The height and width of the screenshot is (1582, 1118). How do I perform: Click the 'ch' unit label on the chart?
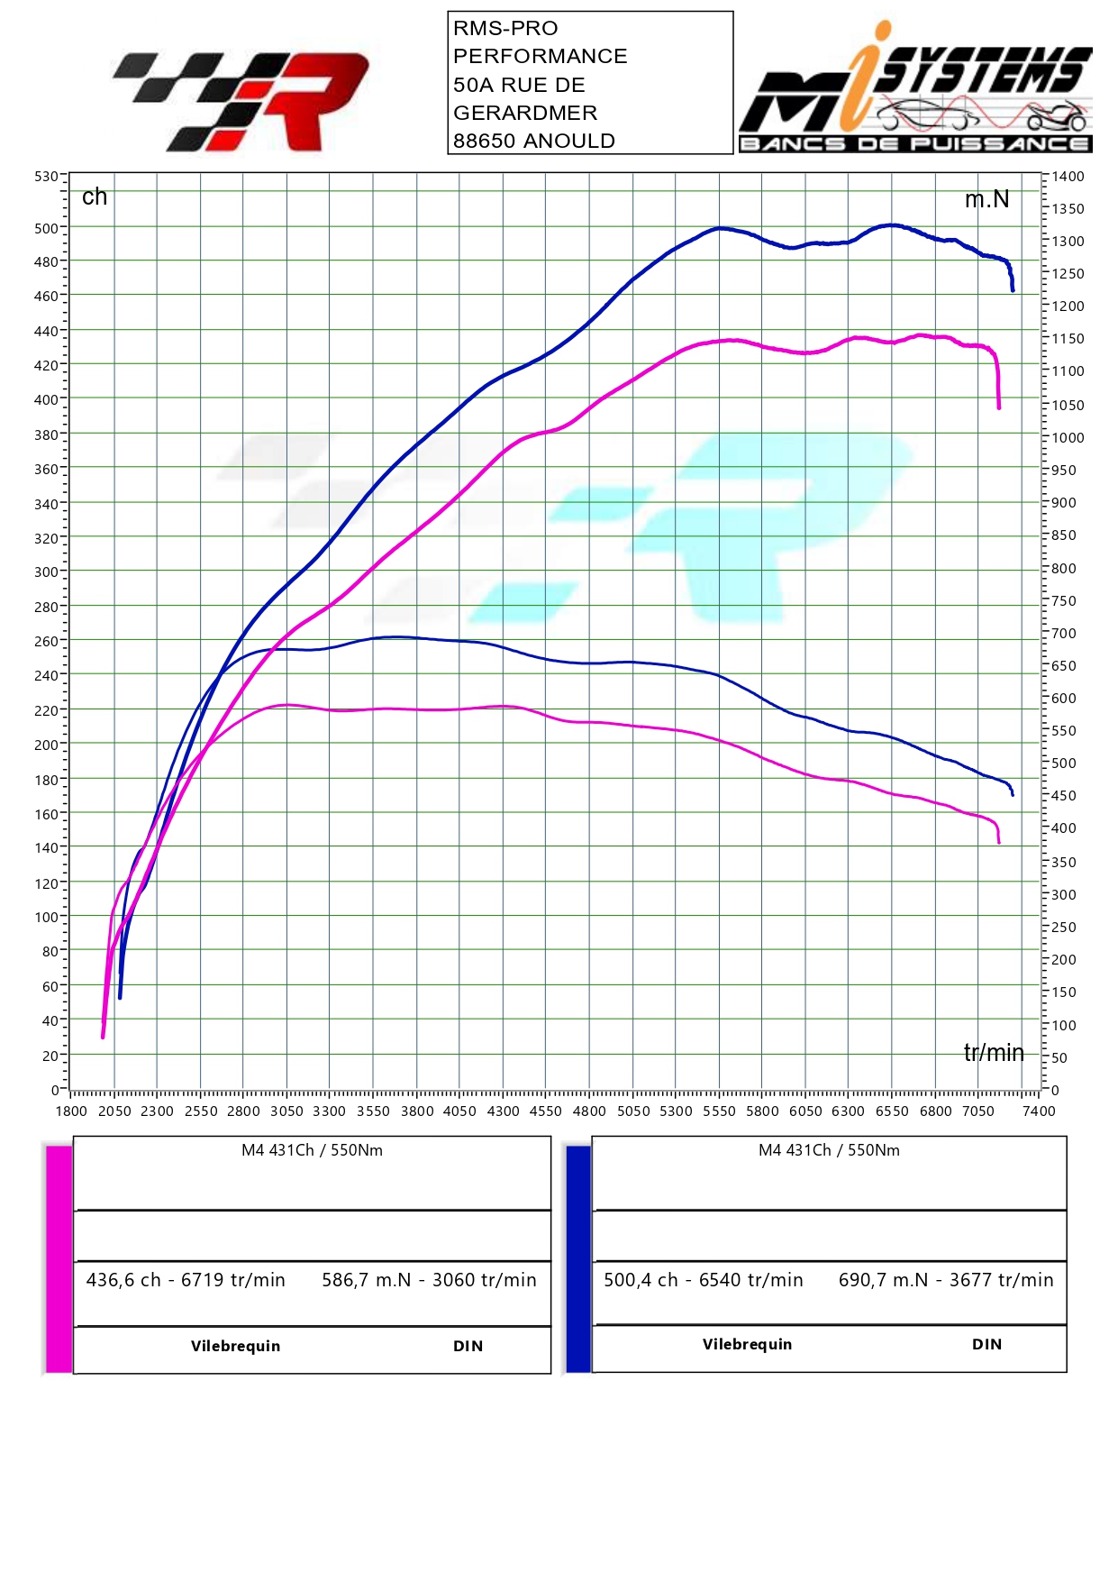point(95,197)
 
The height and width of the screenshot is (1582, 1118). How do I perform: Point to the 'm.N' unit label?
point(986,199)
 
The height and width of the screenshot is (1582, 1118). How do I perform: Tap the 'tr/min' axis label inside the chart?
point(994,1052)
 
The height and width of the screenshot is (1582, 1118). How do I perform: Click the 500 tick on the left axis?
point(47,229)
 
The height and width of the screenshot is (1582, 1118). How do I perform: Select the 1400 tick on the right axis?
point(1068,177)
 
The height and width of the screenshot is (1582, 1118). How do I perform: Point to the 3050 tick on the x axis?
point(286,1111)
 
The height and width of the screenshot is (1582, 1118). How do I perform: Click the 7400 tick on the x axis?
point(1039,1111)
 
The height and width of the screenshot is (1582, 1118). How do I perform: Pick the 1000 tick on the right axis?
point(1068,438)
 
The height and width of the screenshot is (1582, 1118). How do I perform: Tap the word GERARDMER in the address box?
point(525,113)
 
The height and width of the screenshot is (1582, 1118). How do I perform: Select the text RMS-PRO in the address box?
point(505,28)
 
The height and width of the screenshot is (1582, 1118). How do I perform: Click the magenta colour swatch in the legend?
point(59,1258)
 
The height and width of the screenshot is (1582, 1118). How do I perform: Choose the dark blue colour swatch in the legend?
point(578,1258)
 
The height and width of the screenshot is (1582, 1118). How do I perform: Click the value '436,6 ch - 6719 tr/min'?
point(186,1280)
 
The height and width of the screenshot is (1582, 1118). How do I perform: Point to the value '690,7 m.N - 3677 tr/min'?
point(946,1280)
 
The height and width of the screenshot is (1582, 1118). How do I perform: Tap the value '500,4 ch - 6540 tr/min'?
point(704,1280)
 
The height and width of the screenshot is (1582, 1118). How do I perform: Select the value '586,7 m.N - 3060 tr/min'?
point(429,1280)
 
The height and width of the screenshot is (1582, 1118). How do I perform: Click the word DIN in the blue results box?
point(986,1344)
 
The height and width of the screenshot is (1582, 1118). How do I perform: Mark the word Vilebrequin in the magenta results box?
point(235,1346)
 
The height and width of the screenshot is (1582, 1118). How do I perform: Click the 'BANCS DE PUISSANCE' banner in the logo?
point(915,143)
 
